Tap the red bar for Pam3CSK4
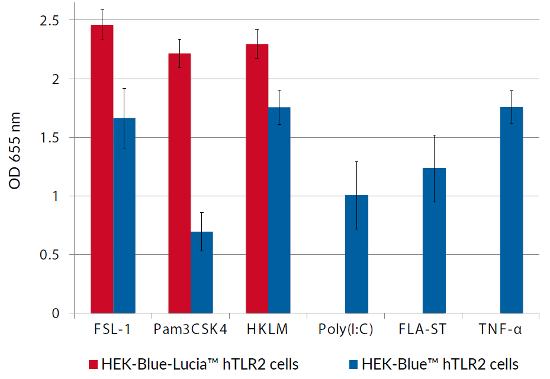(x=179, y=183)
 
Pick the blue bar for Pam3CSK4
(x=202, y=272)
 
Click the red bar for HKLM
(x=257, y=178)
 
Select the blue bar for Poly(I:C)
(x=356, y=254)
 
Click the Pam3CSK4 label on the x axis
(x=190, y=330)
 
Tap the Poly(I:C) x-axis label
(x=346, y=330)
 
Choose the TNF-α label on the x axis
(x=500, y=330)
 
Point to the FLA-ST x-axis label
(x=423, y=330)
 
